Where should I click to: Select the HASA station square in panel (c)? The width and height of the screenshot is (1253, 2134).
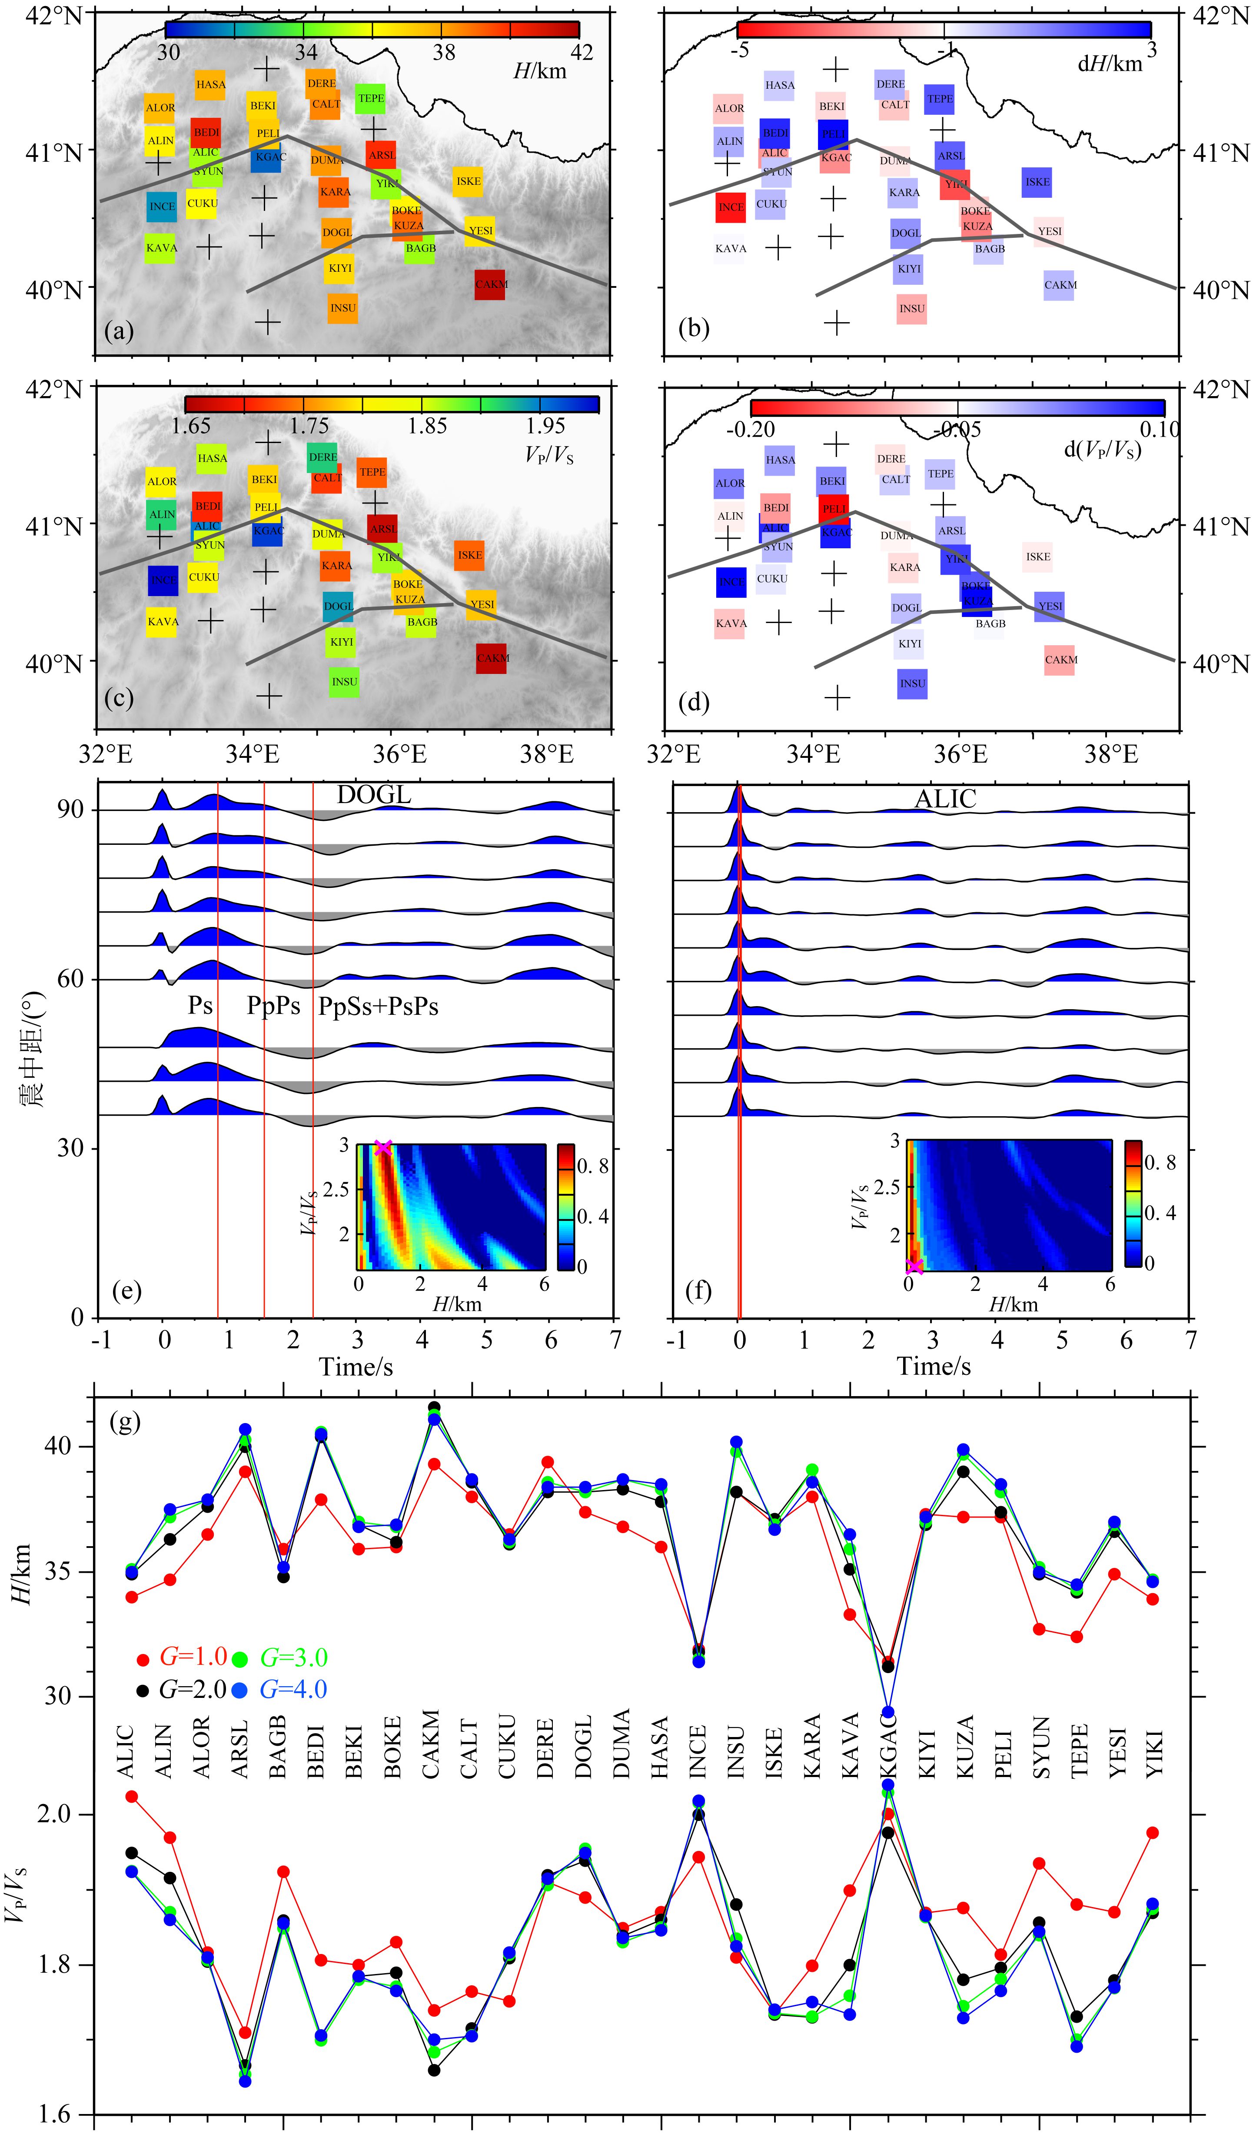coord(212,458)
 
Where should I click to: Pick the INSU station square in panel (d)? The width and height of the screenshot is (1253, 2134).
coord(912,684)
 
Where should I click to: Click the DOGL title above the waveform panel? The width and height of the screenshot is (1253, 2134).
coord(373,794)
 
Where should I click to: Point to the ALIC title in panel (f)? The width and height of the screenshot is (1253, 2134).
coord(945,799)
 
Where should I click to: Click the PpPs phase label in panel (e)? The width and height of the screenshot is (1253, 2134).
coord(273,1005)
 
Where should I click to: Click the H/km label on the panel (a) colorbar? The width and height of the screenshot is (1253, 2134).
coord(539,71)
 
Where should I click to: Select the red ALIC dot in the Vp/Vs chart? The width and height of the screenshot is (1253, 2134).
coord(131,1796)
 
